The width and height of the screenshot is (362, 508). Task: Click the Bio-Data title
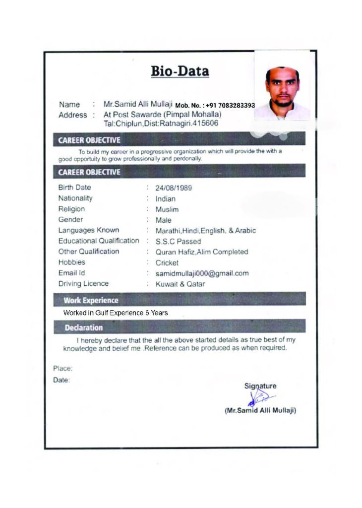coord(180,71)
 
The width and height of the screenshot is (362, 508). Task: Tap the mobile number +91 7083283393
coord(215,105)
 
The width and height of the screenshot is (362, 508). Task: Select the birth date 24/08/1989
coord(174,188)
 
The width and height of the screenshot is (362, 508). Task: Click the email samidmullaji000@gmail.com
coord(202,273)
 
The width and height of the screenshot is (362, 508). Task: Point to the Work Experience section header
coord(91,300)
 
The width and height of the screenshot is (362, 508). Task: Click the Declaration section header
coord(84,328)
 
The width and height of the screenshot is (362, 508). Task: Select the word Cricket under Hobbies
coord(167,263)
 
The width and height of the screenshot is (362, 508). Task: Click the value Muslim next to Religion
coord(167,209)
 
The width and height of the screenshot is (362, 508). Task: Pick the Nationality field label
coord(75,198)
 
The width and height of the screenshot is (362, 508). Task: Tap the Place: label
coord(63,369)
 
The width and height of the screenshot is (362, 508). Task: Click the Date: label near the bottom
coord(61,381)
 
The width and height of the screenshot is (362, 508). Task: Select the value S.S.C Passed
coord(178,242)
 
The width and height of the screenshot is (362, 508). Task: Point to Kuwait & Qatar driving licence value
coord(180,284)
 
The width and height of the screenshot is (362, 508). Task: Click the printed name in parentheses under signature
coord(260,411)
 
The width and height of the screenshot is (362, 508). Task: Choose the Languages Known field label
coord(89,230)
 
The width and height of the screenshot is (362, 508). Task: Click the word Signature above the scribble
coord(260,386)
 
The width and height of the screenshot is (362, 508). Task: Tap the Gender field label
coord(71,220)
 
